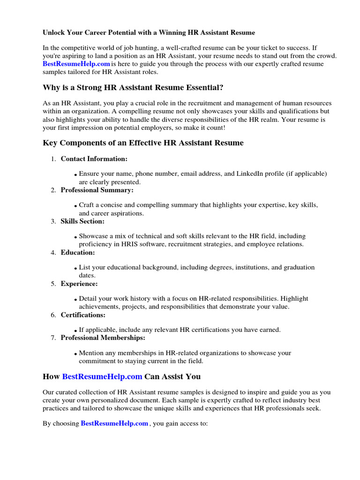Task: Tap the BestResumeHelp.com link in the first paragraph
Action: click(x=76, y=64)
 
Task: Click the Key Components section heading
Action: click(x=143, y=142)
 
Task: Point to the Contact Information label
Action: click(x=94, y=159)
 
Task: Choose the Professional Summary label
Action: click(x=97, y=190)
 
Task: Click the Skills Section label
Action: click(x=82, y=221)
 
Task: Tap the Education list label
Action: click(x=77, y=252)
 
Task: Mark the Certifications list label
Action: click(x=83, y=315)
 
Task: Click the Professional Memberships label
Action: click(x=103, y=337)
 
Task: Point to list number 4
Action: click(x=53, y=253)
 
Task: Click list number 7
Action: click(x=53, y=338)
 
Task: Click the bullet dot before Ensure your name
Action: click(x=75, y=175)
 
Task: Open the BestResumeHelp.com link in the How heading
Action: click(x=102, y=376)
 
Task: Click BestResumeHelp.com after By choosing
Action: click(x=114, y=423)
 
